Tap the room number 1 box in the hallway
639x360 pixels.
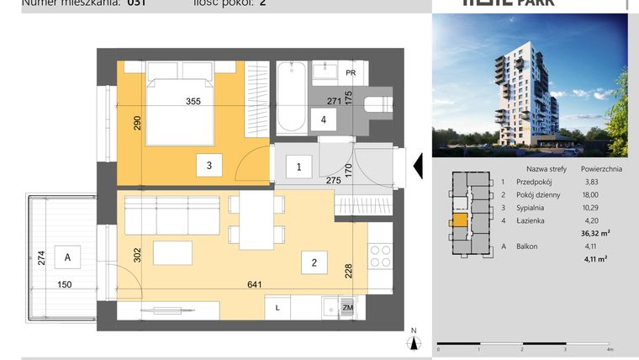pos(298,167)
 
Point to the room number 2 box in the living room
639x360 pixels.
pos(314,263)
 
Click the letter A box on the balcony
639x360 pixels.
pos(67,258)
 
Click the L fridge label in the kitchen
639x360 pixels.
pos(277,309)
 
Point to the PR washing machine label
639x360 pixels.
pos(350,72)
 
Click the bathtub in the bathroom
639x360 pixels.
pos(292,100)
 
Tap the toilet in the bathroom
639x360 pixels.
pos(379,103)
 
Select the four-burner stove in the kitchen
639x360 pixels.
pos(380,255)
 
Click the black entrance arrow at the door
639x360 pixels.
pos(415,167)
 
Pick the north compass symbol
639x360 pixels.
pos(413,341)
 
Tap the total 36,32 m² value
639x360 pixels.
pos(594,234)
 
